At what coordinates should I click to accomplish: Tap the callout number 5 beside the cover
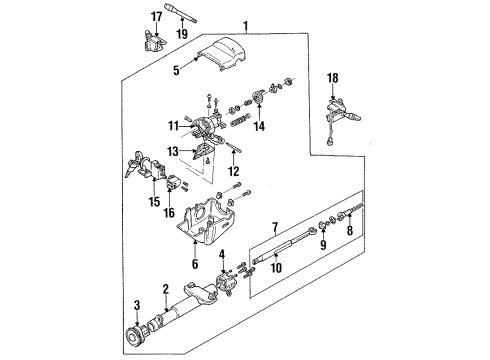click(176, 70)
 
